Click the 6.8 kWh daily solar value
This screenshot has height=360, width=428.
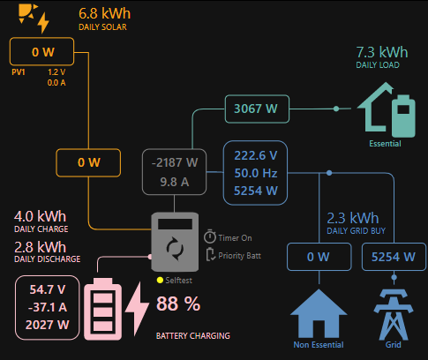104,13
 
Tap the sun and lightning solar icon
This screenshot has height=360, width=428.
34,19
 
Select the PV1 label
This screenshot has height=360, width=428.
19,72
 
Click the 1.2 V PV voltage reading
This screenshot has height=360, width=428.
56,72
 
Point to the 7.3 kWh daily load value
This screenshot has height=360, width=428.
382,52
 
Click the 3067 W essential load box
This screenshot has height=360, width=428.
257,109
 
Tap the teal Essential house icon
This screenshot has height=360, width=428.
386,110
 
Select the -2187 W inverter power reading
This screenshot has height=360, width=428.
175,162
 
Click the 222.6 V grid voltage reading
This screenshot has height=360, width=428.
255,155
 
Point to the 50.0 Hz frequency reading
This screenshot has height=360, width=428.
256,173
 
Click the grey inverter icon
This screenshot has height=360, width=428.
175,242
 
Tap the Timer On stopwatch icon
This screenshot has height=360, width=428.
210,236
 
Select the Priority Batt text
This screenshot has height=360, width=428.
239,256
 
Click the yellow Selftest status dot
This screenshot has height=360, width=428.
160,280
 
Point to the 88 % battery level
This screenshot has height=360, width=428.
178,304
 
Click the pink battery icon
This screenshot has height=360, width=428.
102,309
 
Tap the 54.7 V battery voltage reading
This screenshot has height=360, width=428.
48,289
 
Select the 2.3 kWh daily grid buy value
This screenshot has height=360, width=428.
353,218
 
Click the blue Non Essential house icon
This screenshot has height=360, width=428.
319,313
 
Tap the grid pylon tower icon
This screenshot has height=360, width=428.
394,315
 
